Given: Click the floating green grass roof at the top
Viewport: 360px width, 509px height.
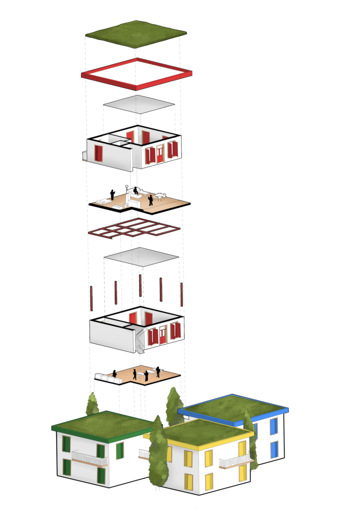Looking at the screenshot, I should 136,34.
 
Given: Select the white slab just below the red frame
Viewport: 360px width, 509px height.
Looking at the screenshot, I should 139,104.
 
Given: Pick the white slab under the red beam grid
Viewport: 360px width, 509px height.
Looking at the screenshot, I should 141,257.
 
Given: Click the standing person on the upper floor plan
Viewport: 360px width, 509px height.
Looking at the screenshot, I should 150,200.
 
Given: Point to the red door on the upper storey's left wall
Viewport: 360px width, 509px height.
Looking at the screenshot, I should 98,153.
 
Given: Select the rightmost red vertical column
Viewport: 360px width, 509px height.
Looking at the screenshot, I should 181,294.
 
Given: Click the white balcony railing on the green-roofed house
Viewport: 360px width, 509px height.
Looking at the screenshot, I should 90,457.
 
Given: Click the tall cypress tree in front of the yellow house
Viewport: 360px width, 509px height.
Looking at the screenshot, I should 158,452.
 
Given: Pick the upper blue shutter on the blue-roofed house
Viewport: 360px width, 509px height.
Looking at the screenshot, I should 273,426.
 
